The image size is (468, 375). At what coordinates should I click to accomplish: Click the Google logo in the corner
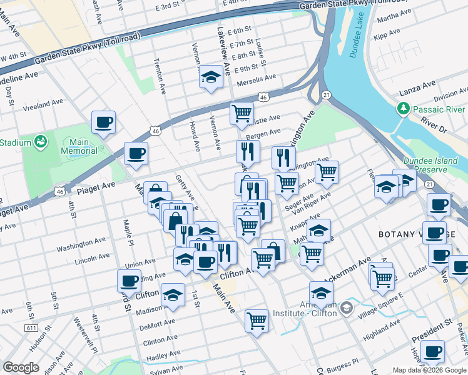(21, 367)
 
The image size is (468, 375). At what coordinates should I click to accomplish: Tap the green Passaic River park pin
(404, 109)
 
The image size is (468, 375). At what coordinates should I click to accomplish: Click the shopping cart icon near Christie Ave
(242, 114)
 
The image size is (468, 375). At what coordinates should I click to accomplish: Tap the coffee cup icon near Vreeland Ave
(104, 121)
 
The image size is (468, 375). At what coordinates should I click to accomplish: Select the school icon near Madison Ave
(173, 294)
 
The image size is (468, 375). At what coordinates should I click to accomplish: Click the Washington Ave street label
(81, 245)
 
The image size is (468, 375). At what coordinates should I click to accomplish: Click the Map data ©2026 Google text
(428, 369)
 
